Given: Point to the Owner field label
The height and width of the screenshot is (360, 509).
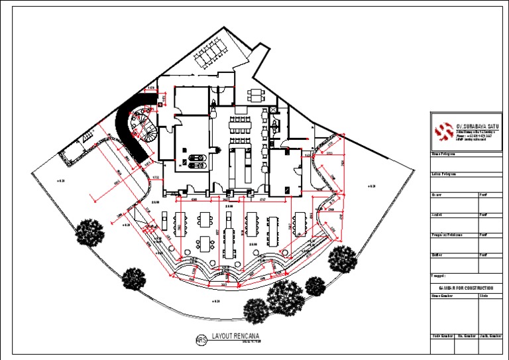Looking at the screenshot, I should (x=437, y=196).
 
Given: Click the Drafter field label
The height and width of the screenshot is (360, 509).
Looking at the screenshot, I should (x=437, y=255).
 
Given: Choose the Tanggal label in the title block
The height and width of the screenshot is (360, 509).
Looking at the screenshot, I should (x=439, y=274).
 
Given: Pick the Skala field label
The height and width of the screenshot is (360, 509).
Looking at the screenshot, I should (x=483, y=295).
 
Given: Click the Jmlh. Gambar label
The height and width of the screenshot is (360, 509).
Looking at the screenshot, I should (x=490, y=337).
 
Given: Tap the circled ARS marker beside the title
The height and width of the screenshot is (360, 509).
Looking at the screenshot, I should (x=201, y=340).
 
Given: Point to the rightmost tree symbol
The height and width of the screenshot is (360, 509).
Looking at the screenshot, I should (x=342, y=258).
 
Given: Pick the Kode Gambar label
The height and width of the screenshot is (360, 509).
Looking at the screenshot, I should (x=442, y=337).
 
